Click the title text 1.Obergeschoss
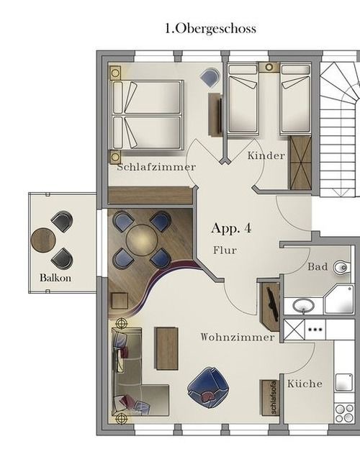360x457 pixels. pyautogui.click(x=210, y=29)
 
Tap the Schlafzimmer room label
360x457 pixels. pyautogui.click(x=156, y=167)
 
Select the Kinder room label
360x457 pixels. pyautogui.click(x=266, y=155)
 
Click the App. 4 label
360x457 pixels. pyautogui.click(x=231, y=229)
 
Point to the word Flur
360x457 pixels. pyautogui.click(x=225, y=251)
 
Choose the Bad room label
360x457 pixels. pyautogui.click(x=318, y=267)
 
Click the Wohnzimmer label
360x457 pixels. pyautogui.click(x=238, y=337)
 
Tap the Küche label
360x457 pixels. pyautogui.click(x=305, y=384)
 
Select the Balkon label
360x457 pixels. pyautogui.click(x=55, y=278)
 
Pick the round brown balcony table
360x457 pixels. pyautogui.click(x=43, y=240)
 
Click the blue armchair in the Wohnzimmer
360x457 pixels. pyautogui.click(x=207, y=386)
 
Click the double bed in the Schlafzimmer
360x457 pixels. pyautogui.click(x=147, y=115)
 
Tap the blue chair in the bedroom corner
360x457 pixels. pyautogui.click(x=210, y=78)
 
